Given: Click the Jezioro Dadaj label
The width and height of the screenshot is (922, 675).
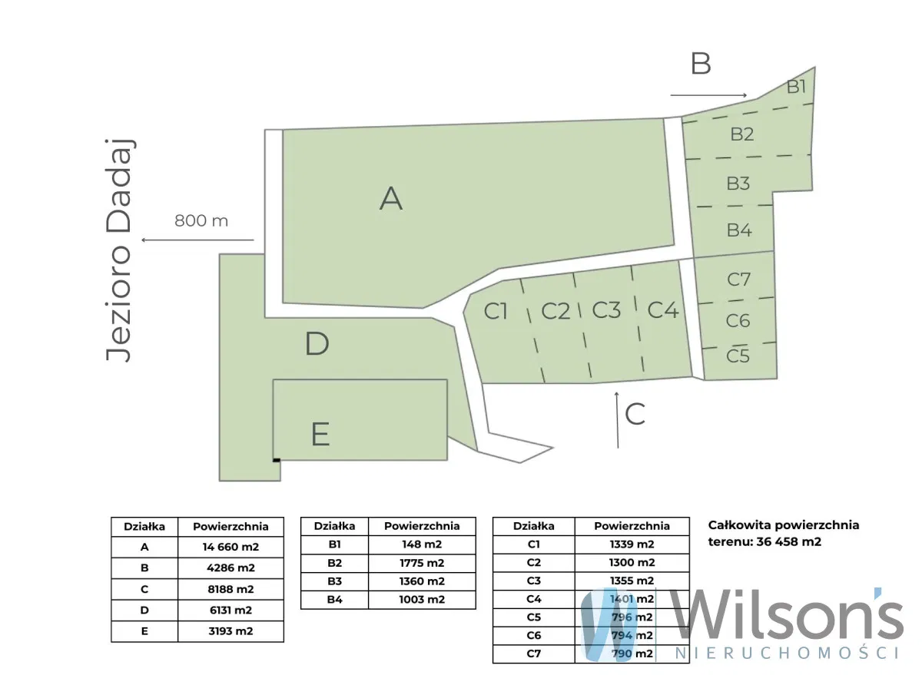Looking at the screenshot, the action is [x=119, y=250].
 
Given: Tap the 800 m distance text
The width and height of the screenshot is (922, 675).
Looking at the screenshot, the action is [x=201, y=221].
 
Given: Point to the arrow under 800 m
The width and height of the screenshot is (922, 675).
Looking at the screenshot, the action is [x=198, y=240].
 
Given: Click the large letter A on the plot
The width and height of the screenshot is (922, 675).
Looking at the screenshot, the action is [x=390, y=199].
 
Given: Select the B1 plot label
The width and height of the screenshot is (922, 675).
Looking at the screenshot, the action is [x=796, y=87].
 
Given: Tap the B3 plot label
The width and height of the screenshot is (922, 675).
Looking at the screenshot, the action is [x=738, y=184].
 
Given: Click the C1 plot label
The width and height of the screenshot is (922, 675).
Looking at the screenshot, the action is [x=495, y=311].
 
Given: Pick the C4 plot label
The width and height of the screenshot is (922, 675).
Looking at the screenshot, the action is [x=662, y=310].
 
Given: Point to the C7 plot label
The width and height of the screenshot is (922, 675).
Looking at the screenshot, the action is [x=738, y=280].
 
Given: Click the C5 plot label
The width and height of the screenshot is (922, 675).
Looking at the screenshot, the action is [x=738, y=356].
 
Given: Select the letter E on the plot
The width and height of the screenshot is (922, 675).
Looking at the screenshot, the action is [x=320, y=434].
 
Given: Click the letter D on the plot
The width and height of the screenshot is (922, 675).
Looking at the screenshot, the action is [x=317, y=343].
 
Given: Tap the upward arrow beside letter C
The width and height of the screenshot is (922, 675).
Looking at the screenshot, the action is [x=617, y=420].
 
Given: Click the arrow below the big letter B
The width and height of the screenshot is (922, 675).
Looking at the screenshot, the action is [x=708, y=95].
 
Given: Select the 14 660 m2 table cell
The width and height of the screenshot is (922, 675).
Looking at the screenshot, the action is [x=230, y=547].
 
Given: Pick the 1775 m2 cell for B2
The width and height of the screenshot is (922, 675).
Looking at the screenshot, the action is [x=422, y=563].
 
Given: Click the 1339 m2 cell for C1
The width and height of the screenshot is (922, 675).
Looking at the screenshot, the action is [x=632, y=544].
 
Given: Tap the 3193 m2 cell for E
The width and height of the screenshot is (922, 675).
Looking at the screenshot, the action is [x=230, y=631].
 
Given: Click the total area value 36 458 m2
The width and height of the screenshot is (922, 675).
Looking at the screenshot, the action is [x=788, y=541].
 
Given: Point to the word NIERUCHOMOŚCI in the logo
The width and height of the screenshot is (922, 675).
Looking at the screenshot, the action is [x=788, y=653].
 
